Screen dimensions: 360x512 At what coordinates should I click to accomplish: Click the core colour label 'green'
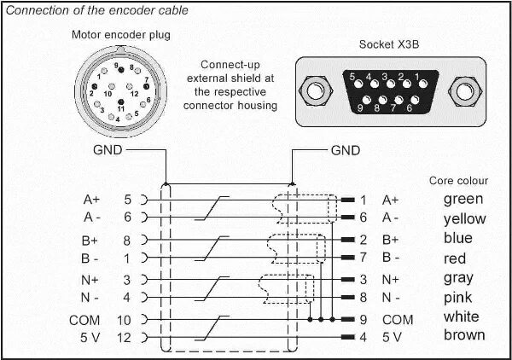pos(463,200)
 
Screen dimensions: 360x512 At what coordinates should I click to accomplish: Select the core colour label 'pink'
pos(458,298)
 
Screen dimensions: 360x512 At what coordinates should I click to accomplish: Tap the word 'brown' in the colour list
pos(464,335)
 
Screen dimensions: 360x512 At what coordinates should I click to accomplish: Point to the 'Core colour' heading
pos(458,181)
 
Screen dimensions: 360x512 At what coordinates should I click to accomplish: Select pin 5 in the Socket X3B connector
pos(351,78)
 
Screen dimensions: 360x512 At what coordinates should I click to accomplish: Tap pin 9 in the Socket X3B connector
pos(362,107)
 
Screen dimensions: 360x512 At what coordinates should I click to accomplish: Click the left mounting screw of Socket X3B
pos(315,90)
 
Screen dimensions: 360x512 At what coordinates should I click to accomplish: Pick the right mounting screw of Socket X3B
pos(464,90)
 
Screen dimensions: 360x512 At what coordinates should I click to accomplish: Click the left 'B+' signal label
pos(90,240)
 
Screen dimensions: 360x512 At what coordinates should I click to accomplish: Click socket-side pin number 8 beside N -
pos(364,298)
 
